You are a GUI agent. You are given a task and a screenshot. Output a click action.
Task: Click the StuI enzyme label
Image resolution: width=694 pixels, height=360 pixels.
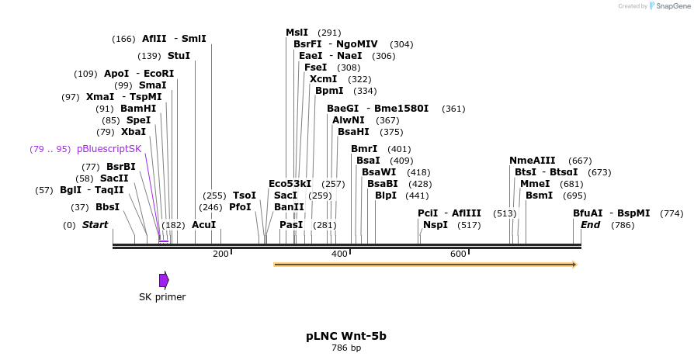[x=179, y=56]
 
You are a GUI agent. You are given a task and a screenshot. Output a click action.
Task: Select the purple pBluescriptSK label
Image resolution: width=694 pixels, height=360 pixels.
[x=109, y=149]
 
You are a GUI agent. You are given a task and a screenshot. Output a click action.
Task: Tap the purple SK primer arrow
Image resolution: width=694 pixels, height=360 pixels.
[x=164, y=280]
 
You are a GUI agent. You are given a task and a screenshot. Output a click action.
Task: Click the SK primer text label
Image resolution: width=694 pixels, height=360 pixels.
[x=162, y=296]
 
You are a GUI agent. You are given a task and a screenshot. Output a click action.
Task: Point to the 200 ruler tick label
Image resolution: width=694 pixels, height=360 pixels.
[x=220, y=254]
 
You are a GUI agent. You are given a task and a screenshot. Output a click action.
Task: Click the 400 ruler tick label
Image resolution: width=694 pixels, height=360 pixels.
[x=339, y=254]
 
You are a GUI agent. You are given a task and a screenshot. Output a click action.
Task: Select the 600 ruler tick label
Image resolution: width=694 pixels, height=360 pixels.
[x=458, y=254]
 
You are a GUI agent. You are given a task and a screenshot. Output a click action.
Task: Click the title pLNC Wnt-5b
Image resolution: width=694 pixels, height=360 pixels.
[x=346, y=336]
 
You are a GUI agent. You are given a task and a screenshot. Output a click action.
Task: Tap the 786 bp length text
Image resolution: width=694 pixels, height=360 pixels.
[x=346, y=348]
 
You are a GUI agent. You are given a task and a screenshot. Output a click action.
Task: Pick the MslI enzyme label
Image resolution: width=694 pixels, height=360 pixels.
[x=297, y=33]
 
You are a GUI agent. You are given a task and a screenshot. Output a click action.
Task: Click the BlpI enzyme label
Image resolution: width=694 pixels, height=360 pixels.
[x=386, y=196]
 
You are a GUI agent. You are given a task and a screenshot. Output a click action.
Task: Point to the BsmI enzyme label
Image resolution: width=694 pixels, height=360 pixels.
[x=539, y=196]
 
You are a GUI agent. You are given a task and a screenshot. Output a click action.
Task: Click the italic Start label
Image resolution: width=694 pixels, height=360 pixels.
[x=95, y=225]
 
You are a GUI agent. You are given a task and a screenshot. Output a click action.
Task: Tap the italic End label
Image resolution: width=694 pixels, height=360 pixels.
[x=590, y=225]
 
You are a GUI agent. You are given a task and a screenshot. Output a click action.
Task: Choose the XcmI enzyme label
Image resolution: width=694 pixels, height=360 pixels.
[x=323, y=79]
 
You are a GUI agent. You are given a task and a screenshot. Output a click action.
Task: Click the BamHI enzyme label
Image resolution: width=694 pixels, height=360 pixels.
[x=138, y=109]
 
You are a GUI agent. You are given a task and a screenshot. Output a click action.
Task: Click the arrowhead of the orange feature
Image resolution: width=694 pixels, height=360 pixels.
[x=574, y=265]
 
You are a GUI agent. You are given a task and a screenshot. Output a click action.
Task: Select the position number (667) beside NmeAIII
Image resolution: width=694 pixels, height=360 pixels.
[x=580, y=161]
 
